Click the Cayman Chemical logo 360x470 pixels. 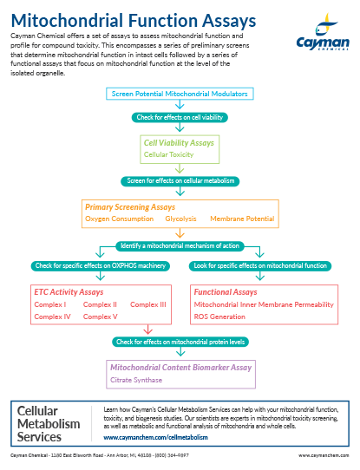323,32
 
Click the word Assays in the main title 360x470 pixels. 229,21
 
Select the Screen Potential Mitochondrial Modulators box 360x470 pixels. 180,94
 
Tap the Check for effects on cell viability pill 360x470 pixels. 180,117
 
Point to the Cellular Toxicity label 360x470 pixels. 169,154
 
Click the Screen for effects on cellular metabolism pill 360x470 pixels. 180,181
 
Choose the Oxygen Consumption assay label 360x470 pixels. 120,219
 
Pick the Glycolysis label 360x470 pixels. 180,219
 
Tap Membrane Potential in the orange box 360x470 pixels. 242,219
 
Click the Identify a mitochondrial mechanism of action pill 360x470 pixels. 180,246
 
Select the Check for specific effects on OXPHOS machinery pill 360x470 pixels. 101,266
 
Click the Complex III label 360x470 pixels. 148,304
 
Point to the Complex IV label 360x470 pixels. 52,317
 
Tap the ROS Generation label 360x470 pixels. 219,317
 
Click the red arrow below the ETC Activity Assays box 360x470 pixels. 148,330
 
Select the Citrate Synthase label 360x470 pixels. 136,380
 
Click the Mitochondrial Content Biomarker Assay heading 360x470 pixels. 181,368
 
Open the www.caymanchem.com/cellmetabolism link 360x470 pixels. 155,437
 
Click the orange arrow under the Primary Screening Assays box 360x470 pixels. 180,233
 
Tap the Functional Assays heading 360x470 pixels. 226,292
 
